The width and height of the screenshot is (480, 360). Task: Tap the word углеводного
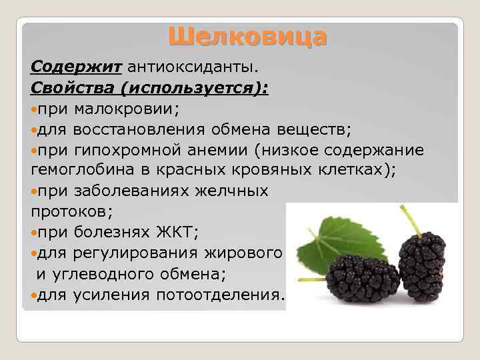pyautogui.click(x=109, y=273)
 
